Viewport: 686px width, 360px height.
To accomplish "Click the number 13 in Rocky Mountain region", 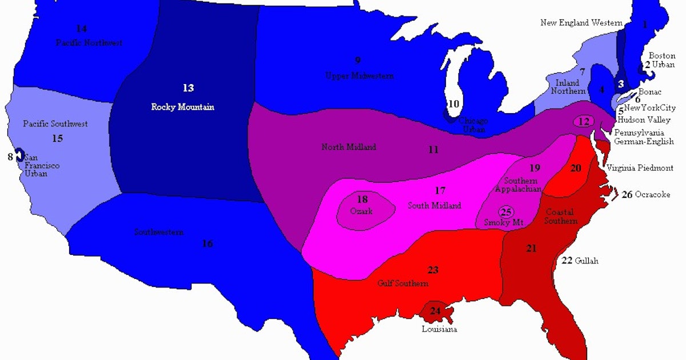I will [x=188, y=88].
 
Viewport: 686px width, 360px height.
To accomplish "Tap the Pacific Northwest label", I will [x=89, y=43].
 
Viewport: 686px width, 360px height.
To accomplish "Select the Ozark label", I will [x=361, y=211].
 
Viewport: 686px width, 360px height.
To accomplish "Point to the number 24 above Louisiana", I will [x=436, y=311].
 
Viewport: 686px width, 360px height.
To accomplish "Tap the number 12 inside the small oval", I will [x=584, y=122].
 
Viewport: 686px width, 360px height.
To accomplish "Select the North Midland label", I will [x=349, y=147].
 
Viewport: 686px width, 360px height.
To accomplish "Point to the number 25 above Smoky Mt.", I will [x=505, y=211].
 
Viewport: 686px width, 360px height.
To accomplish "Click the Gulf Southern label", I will [x=403, y=283].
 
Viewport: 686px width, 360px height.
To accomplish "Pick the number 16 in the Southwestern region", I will [x=207, y=244].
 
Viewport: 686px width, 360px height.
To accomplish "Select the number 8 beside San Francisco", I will [x=10, y=155].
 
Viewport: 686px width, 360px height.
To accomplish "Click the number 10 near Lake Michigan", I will [x=453, y=104].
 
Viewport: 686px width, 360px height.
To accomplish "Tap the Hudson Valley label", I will [x=643, y=121].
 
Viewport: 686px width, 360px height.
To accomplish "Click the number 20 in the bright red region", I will [x=576, y=167].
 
